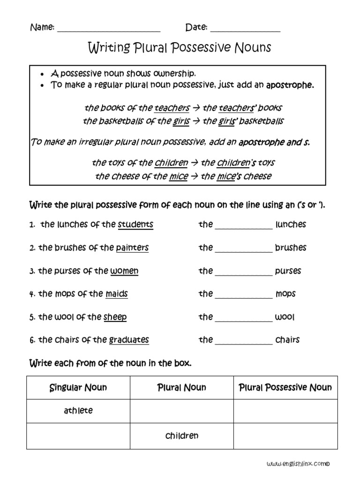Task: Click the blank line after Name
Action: [108, 29]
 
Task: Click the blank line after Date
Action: [245, 29]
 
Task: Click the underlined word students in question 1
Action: [135, 225]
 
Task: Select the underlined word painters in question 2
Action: [132, 247]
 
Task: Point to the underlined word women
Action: [124, 271]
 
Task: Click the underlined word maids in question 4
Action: [117, 294]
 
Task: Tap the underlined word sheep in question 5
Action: [115, 317]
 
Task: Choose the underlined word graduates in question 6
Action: [129, 340]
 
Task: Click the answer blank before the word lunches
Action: [243, 226]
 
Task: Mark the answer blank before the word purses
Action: [243, 272]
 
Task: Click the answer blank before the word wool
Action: [243, 318]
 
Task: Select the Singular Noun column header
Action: [78, 388]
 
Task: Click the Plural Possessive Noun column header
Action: [285, 388]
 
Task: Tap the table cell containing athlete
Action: [78, 411]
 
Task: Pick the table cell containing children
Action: [182, 436]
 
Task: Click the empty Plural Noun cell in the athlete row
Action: [182, 411]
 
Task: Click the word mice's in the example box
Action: [227, 176]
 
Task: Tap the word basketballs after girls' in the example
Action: [262, 121]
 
